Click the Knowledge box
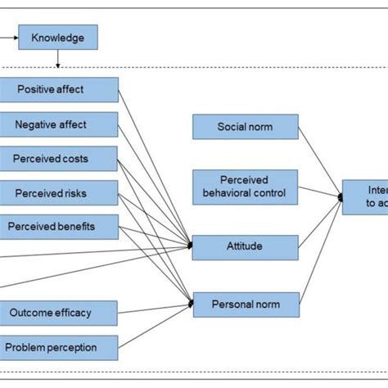pos(57,37)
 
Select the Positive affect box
pos(59,89)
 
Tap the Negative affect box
pos(59,124)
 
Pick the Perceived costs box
pos(59,158)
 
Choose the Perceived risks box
pos(59,193)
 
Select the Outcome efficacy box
pos(59,312)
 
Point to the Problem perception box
pos(59,347)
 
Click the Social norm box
pos(245,127)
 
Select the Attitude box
pos(245,246)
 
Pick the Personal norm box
pos(245,305)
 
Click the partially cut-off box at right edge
pos(365,196)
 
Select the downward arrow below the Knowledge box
pos(58,61)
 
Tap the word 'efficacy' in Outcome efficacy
pos(78,312)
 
